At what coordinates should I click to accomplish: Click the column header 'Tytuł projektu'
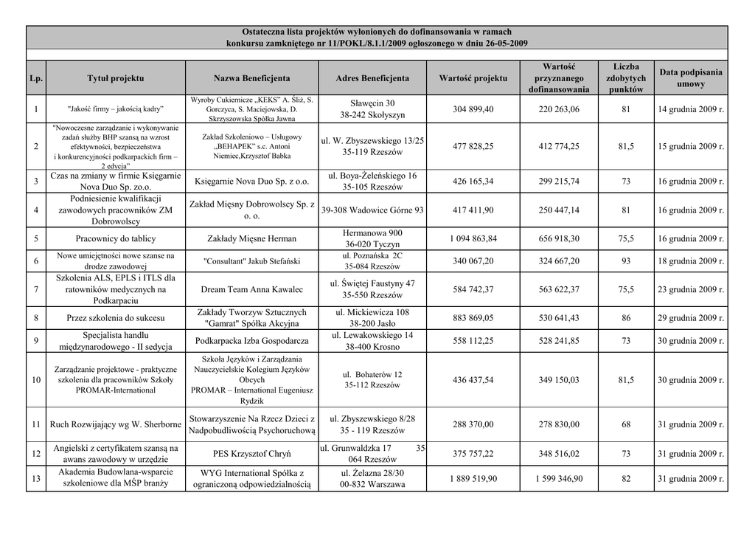[115, 77]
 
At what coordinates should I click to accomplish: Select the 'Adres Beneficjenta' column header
[372, 77]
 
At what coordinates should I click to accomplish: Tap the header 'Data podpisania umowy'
[691, 77]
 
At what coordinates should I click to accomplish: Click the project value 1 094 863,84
[473, 238]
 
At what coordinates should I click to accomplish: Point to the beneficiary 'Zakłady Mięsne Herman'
[252, 238]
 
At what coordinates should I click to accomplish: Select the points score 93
[626, 260]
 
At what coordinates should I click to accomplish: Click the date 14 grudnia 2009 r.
[691, 109]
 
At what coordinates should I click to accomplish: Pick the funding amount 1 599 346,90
[559, 478]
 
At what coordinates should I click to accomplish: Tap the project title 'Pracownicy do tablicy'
[115, 238]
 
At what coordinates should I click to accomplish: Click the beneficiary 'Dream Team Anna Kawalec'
[252, 289]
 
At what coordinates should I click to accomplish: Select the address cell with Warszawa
[372, 478]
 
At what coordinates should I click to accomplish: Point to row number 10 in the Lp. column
[36, 379]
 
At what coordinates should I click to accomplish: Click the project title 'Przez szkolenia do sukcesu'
[115, 318]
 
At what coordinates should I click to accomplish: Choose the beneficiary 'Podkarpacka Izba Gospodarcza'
[252, 340]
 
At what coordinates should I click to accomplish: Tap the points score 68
[626, 424]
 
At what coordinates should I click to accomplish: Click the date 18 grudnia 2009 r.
[691, 260]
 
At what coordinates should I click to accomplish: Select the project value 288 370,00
[473, 424]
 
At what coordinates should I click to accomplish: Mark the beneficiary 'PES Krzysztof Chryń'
[252, 453]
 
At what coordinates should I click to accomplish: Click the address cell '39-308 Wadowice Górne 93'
[372, 210]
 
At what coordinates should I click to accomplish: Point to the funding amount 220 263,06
[559, 109]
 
